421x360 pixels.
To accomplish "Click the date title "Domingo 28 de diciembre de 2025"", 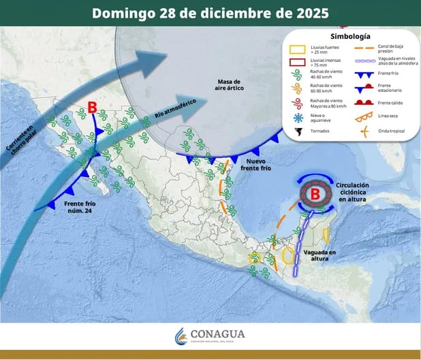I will click(210, 13).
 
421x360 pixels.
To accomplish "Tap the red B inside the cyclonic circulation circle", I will click(315, 195).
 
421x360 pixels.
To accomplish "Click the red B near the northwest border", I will click(93, 107).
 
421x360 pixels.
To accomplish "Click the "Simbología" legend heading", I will click(349, 35).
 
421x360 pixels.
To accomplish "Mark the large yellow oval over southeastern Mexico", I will click(289, 257).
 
